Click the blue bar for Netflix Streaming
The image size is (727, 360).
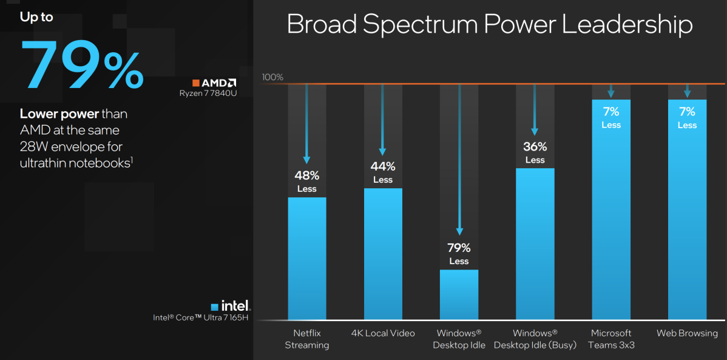306,258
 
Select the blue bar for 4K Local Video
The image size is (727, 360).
383,254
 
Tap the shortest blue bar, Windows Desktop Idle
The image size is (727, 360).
459,294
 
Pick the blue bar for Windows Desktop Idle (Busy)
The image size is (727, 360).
535,243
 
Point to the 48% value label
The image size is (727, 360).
307,175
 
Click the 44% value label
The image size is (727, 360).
383,166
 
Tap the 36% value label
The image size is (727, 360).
535,147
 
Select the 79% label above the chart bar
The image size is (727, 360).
459,248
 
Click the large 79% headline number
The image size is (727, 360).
82,66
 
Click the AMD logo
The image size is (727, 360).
214,83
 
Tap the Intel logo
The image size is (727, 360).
231,307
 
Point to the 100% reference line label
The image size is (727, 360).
272,77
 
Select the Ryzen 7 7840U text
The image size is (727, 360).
208,93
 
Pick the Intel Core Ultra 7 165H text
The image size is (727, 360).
202,317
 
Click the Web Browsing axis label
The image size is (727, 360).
687,333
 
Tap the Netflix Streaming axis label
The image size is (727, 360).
307,339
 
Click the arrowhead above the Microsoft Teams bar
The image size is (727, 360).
611,94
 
